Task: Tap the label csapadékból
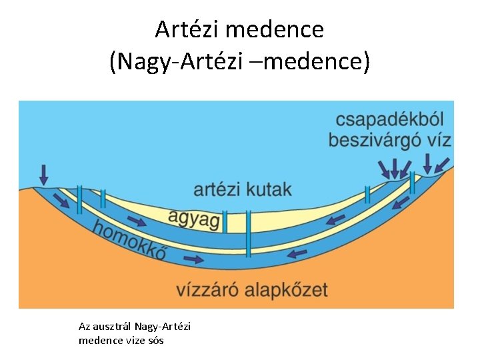390,120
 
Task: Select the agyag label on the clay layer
194,217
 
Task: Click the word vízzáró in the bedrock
205,289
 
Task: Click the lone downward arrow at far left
44,175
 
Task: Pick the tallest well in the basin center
249,233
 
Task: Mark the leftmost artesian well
79,198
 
